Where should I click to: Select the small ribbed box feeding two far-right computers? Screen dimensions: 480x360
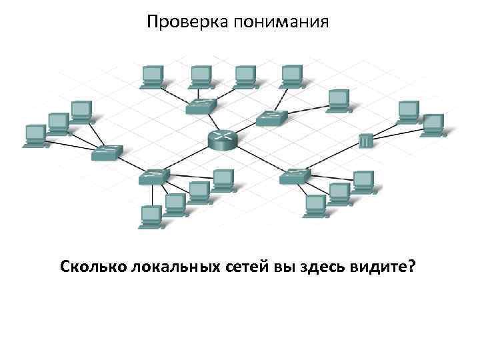(365, 141)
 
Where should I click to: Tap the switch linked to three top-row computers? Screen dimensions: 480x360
(201, 105)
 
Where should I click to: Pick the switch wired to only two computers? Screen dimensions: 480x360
(271, 117)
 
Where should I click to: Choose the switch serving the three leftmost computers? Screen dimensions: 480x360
(107, 153)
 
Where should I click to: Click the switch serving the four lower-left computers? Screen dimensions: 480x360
(155, 176)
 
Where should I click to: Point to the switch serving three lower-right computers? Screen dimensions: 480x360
(295, 176)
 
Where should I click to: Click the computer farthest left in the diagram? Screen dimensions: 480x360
(35, 135)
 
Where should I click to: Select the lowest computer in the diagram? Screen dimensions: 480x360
(151, 216)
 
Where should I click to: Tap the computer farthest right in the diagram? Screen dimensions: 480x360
(434, 124)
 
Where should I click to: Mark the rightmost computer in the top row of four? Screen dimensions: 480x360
(291, 75)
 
